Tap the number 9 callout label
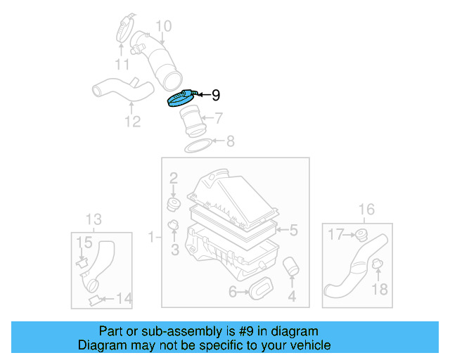tap(216, 94)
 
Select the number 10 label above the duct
tap(163, 27)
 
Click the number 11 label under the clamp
tap(122, 65)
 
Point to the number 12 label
tap(133, 122)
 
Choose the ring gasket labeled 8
tap(199, 146)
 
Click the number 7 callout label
tap(219, 118)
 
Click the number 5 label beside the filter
tap(294, 230)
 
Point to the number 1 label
tap(151, 238)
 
